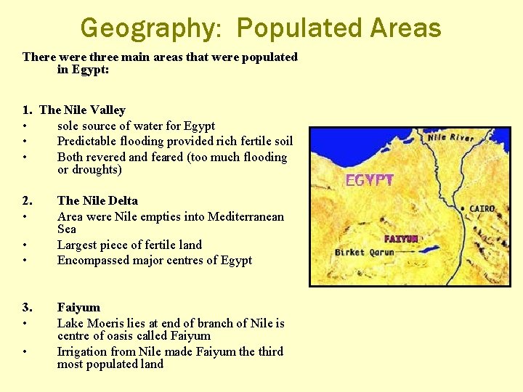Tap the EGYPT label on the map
(x=369, y=180)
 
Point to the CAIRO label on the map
(x=482, y=208)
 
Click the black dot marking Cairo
(x=463, y=209)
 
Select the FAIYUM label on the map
(x=401, y=239)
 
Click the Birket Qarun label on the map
(x=364, y=253)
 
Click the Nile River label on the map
(x=450, y=137)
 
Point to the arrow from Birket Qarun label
(x=408, y=253)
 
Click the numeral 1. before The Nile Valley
(x=27, y=110)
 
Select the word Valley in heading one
(x=108, y=110)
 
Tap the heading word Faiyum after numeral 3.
(x=78, y=307)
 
